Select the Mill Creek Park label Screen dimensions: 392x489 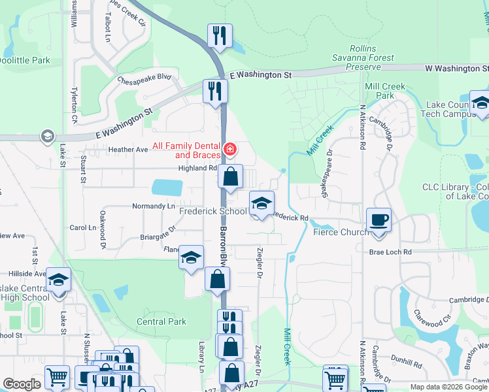point(385,91)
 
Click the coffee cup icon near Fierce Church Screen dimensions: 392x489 point(378,220)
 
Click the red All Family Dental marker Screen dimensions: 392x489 point(229,150)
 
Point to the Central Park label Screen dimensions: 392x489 point(161,321)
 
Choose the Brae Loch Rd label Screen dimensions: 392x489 point(390,252)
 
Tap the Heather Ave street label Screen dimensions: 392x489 point(128,150)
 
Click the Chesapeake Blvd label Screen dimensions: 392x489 point(144,79)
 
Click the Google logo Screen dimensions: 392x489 point(22,385)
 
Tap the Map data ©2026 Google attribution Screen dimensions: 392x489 point(448,386)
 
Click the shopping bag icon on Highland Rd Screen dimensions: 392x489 point(230,176)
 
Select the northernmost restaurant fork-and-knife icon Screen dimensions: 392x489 point(220,35)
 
